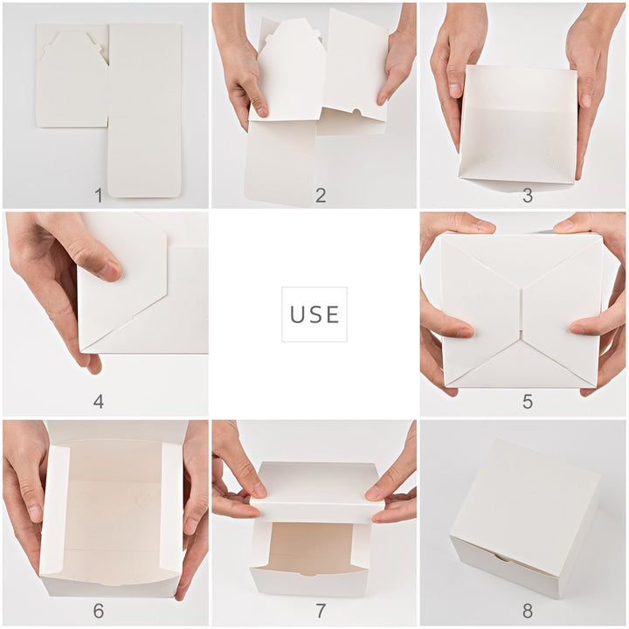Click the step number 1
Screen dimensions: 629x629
coord(98,196)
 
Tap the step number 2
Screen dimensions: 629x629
coord(321,196)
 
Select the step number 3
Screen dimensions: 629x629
coord(528,196)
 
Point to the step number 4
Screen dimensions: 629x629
coord(98,402)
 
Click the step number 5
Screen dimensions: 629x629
coord(528,402)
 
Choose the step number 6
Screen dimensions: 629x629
coord(98,611)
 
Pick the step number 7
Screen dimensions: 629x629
coord(321,611)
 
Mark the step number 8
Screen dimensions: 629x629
coord(528,611)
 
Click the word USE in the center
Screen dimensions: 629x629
coord(314,314)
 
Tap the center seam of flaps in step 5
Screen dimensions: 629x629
coord(522,311)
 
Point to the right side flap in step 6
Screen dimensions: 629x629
coord(171,507)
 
